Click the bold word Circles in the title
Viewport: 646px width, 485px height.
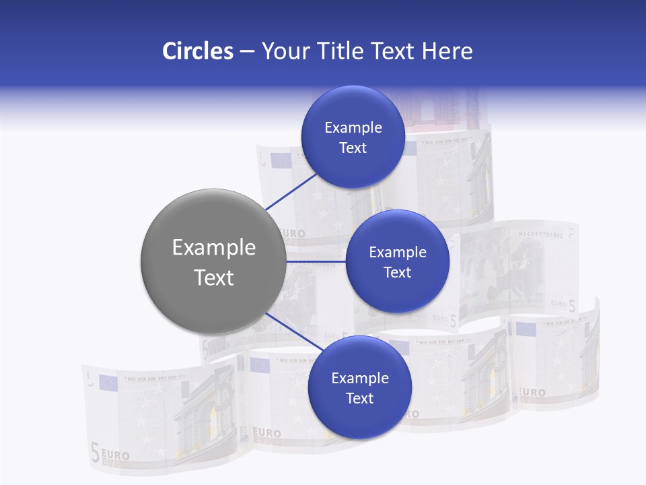pyautogui.click(x=197, y=51)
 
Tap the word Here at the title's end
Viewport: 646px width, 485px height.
pyautogui.click(x=447, y=51)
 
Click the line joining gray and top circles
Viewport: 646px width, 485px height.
pyautogui.click(x=291, y=191)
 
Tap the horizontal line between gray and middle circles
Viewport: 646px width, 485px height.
pyautogui.click(x=316, y=261)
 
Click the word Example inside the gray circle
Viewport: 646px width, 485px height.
pyautogui.click(x=213, y=248)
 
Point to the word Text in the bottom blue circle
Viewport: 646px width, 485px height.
pyautogui.click(x=359, y=399)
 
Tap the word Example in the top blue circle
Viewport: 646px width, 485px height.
pyautogui.click(x=353, y=128)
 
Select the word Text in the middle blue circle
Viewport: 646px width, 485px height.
pyautogui.click(x=397, y=273)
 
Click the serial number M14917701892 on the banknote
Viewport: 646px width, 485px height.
pyautogui.click(x=545, y=235)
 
